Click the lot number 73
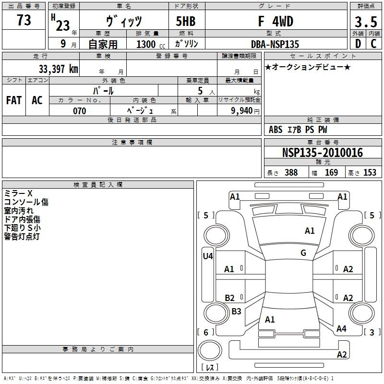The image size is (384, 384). (x=24, y=20)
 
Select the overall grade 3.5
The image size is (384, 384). (x=366, y=22)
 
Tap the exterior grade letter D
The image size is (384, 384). (x=358, y=44)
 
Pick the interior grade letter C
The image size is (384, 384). (x=373, y=44)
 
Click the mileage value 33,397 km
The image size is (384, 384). (x=58, y=69)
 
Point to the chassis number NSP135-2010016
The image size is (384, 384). (x=323, y=153)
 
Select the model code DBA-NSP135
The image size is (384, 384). (x=275, y=44)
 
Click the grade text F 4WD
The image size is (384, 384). (x=276, y=21)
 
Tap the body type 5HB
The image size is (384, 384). (x=186, y=21)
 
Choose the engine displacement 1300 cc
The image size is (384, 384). (x=151, y=44)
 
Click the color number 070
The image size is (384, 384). (x=79, y=111)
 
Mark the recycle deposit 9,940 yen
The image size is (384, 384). (x=245, y=111)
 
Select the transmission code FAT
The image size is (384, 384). (x=14, y=100)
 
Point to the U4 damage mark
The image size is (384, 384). (x=208, y=256)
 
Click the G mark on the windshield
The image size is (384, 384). (x=303, y=253)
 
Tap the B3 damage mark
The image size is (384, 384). (x=236, y=311)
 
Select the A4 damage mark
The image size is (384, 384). (x=341, y=329)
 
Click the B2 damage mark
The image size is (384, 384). (x=230, y=298)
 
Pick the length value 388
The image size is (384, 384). (x=291, y=172)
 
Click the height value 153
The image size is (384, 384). (x=370, y=172)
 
